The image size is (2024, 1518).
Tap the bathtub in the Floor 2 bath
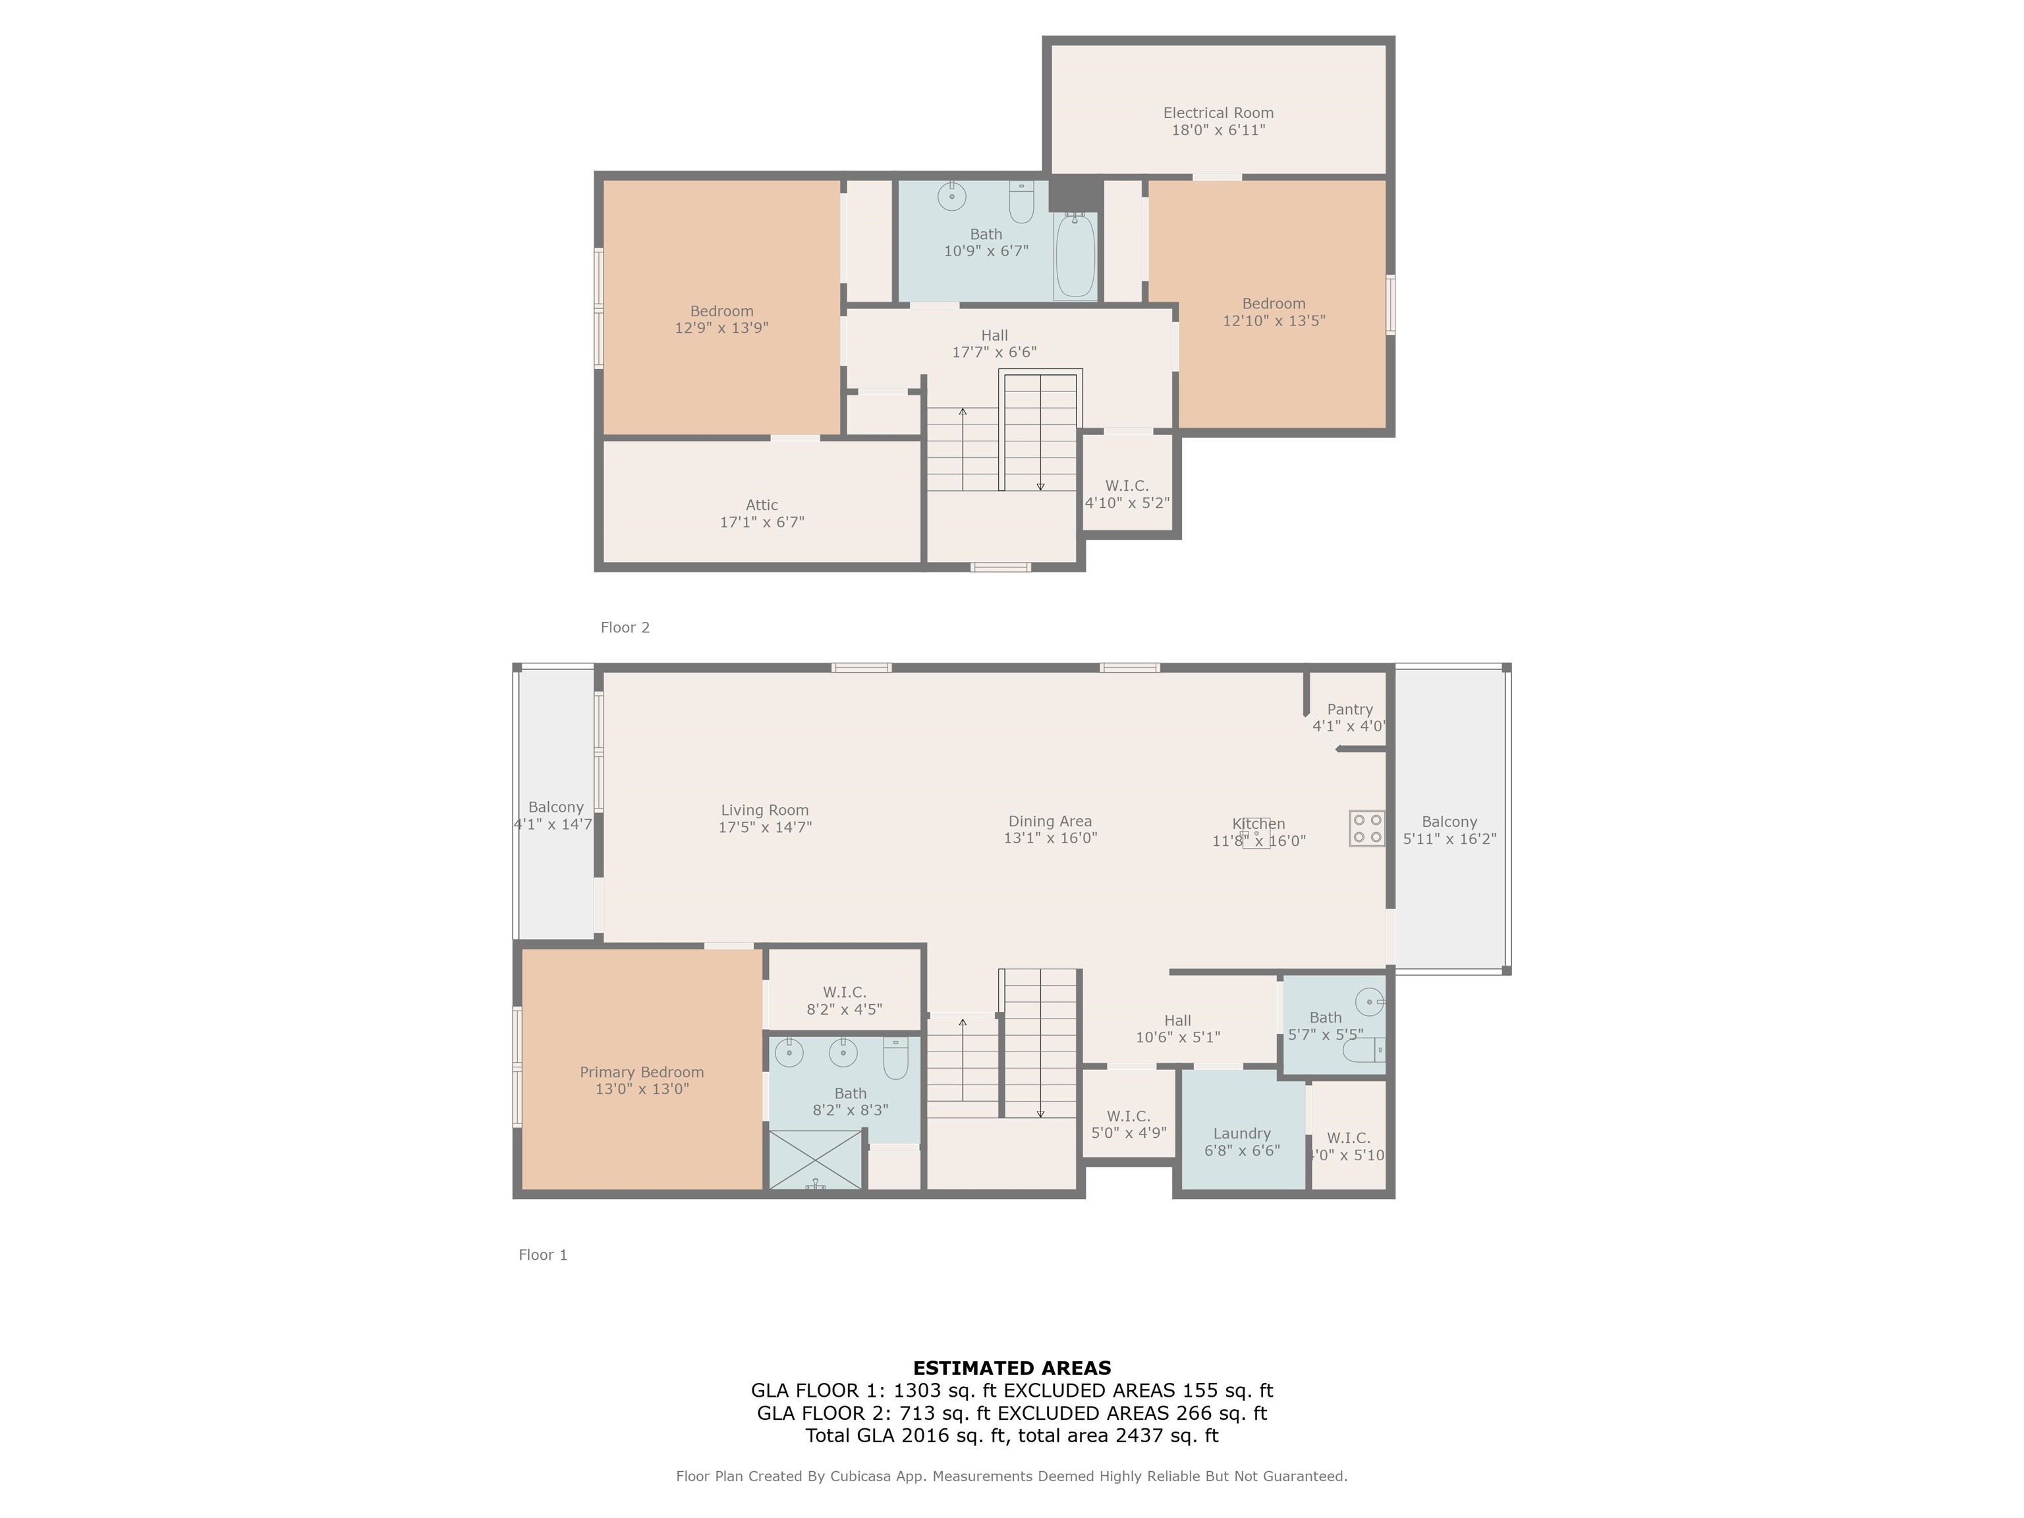1075,256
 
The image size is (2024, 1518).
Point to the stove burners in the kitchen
1367,828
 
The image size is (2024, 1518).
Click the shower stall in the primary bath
815,1160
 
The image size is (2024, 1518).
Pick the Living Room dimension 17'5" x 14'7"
765,827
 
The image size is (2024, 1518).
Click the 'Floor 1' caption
544,1254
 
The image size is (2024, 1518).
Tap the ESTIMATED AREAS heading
1012,1368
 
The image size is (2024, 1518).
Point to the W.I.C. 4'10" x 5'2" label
1127,494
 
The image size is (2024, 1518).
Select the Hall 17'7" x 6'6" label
995,344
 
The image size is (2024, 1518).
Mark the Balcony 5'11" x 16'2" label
1449,830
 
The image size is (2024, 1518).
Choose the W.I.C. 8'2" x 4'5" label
843,1001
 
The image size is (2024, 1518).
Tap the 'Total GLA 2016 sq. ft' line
907,1436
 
